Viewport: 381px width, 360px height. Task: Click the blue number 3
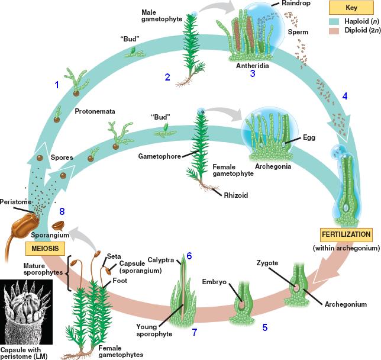253,74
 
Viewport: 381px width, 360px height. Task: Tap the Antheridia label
253,66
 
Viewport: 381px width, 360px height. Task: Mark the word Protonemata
95,111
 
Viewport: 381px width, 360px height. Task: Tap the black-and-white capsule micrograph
30,308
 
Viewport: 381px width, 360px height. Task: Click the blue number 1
57,85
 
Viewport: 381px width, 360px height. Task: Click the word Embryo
214,282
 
